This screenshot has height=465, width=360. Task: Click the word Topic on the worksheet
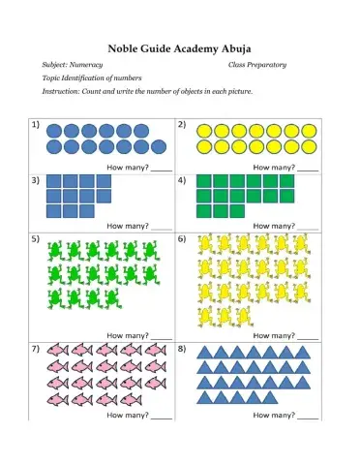pyautogui.click(x=53, y=77)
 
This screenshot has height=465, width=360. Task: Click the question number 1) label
pyautogui.click(x=36, y=125)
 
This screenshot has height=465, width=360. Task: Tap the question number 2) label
pyautogui.click(x=181, y=125)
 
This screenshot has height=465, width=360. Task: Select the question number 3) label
pyautogui.click(x=36, y=179)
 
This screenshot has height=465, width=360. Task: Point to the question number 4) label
pyautogui.click(x=181, y=179)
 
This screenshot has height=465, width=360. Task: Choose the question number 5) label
pyautogui.click(x=36, y=237)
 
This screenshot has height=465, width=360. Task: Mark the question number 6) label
pyautogui.click(x=181, y=237)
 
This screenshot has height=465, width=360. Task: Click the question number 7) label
pyautogui.click(x=36, y=346)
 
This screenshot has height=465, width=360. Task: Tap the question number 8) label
pyautogui.click(x=181, y=346)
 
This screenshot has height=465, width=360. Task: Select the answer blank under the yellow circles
pyautogui.click(x=308, y=168)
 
